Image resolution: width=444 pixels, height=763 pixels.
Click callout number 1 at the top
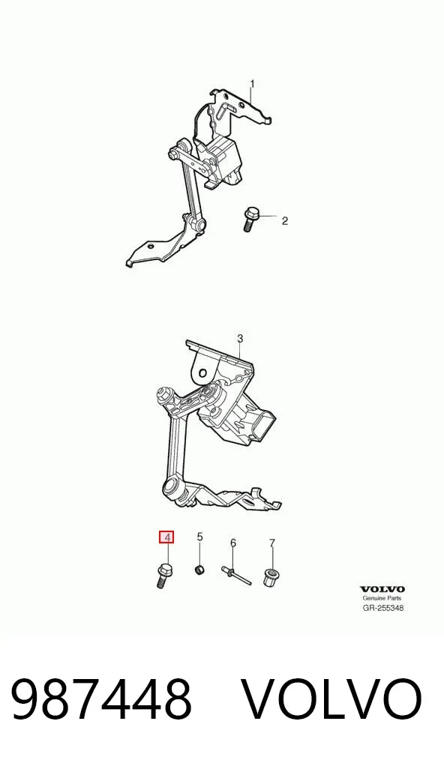[252, 84]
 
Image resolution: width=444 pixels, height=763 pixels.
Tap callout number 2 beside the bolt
[285, 221]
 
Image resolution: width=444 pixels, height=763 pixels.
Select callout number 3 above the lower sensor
[239, 338]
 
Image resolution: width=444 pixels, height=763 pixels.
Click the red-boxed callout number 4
[167, 537]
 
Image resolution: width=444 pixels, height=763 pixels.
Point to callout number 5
[199, 537]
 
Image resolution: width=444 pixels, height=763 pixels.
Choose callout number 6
[232, 543]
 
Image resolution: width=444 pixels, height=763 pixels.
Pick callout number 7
[272, 543]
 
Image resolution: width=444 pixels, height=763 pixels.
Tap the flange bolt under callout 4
[164, 576]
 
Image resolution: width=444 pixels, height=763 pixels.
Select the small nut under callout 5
[199, 570]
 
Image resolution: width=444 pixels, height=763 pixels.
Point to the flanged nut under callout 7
[270, 577]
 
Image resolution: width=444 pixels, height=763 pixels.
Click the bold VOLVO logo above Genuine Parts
[382, 590]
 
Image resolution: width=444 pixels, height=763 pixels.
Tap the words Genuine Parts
[382, 599]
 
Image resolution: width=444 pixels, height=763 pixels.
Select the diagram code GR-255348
[382, 608]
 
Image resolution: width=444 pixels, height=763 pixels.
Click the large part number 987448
[101, 700]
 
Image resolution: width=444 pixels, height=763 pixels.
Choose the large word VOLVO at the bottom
[331, 700]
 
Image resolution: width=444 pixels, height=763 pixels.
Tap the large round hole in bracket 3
[202, 374]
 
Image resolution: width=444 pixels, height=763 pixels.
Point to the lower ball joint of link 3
[171, 486]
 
